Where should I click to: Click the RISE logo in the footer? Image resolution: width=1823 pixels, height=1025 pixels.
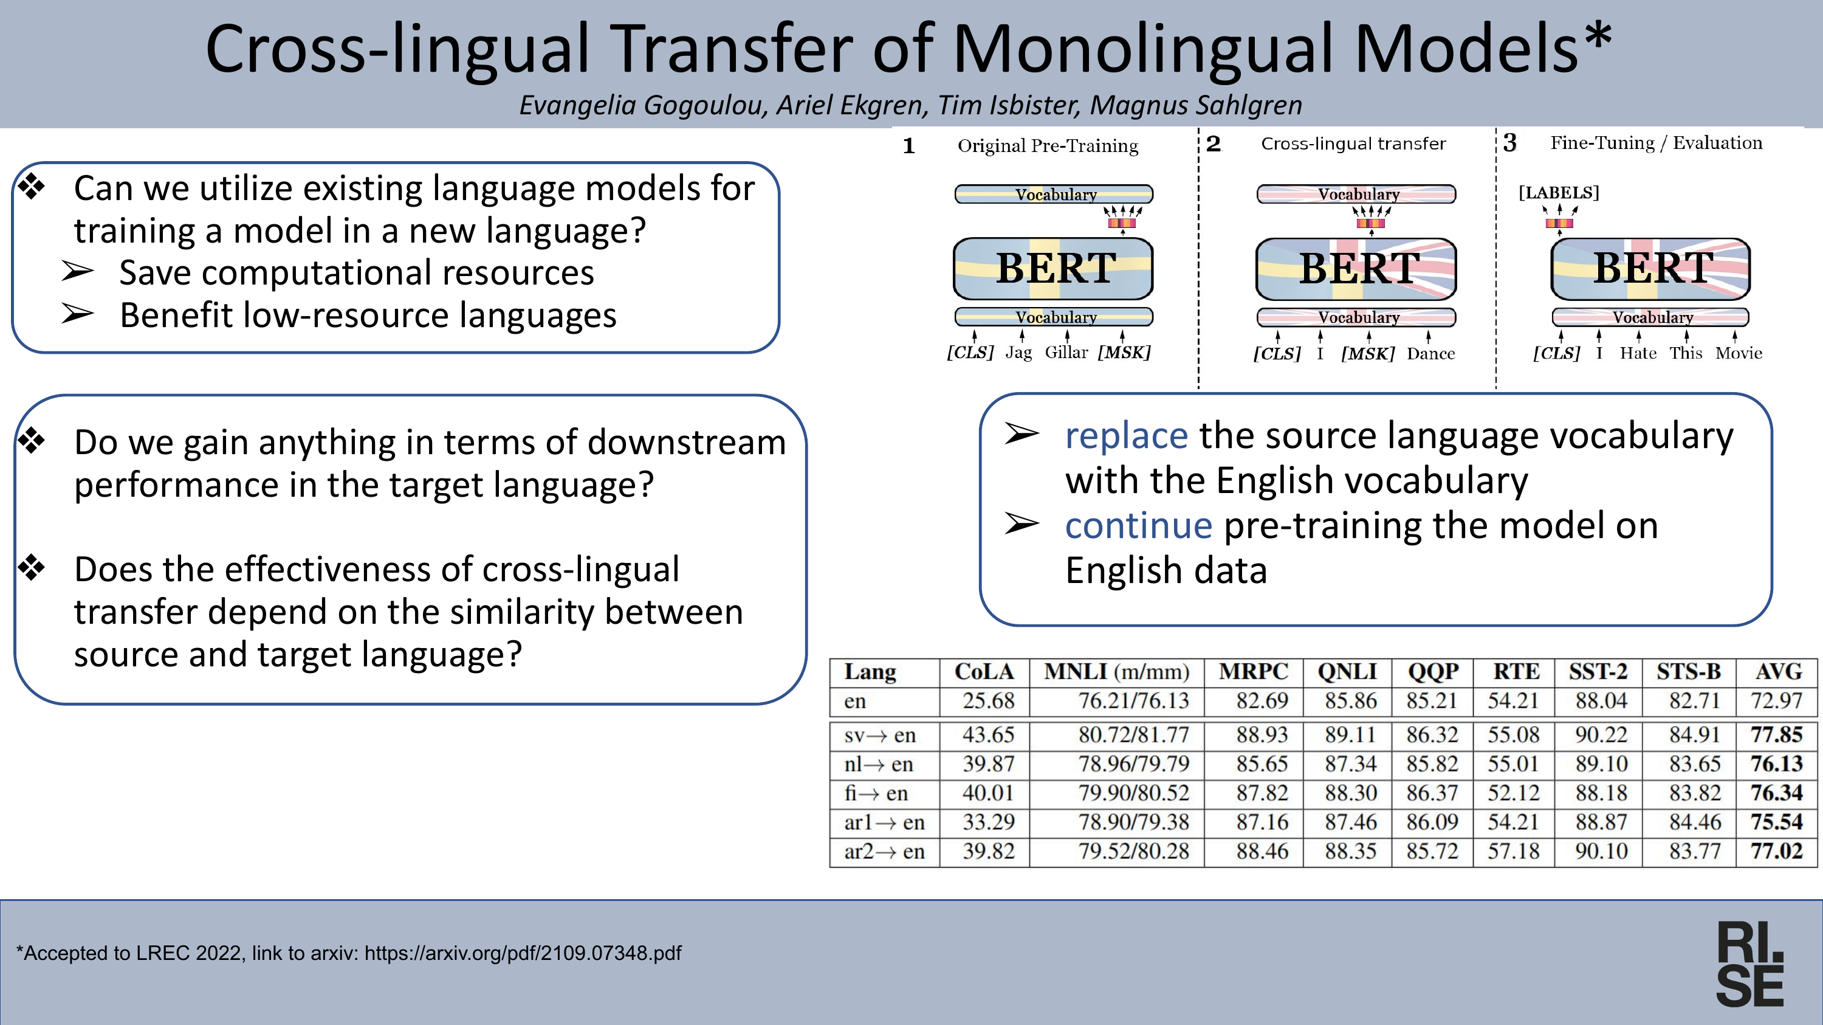1750,964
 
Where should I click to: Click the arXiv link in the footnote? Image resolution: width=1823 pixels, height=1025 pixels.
523,953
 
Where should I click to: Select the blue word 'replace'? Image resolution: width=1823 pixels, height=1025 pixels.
1126,435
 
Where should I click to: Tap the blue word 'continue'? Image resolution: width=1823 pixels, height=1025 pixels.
1139,525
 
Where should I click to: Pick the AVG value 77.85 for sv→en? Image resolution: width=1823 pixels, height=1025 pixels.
1776,735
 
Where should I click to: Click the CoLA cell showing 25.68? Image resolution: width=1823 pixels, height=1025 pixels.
988,701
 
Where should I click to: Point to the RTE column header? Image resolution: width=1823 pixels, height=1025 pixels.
1516,671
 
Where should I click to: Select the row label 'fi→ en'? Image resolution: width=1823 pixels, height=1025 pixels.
876,793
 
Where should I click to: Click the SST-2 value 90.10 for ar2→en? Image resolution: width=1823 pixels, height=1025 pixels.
1601,851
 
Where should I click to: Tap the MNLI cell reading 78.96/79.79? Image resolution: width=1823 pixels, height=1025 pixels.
1134,764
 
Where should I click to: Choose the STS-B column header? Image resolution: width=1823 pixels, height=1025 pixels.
1689,671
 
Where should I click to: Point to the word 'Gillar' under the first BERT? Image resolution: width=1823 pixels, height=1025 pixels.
1066,352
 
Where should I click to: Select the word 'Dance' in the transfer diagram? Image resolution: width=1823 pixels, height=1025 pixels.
1430,353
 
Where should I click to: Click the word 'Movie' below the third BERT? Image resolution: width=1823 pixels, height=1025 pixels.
1738,353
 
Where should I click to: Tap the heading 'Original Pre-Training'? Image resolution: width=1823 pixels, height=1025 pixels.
1048,146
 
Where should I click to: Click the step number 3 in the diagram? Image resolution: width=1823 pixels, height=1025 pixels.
1509,143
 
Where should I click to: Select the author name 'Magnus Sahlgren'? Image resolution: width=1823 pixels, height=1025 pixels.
1195,105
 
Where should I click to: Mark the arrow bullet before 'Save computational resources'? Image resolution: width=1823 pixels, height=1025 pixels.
77,271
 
